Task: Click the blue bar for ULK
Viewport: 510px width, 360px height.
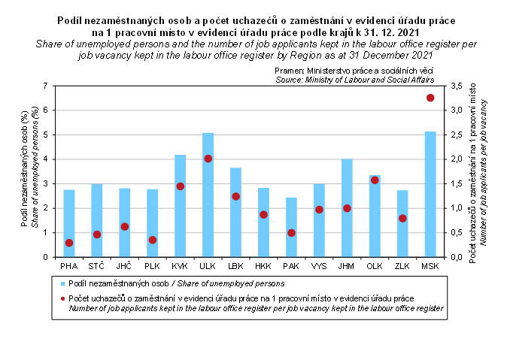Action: (x=208, y=195)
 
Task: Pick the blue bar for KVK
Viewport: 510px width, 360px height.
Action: (x=180, y=206)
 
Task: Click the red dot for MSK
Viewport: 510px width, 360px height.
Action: (x=430, y=98)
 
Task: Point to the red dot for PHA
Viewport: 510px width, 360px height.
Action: (x=69, y=243)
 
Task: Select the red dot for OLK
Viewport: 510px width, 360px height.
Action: (x=375, y=180)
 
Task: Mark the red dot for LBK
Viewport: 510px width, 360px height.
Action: (x=235, y=197)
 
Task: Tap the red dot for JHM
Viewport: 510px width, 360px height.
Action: (x=347, y=208)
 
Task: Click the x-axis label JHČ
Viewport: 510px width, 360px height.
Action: (x=124, y=267)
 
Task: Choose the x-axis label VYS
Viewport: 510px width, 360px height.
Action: (x=319, y=267)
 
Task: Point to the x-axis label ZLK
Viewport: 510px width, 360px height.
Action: (x=402, y=267)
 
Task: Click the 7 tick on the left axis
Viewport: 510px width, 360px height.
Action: (x=45, y=86)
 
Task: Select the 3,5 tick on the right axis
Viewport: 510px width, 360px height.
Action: (x=457, y=86)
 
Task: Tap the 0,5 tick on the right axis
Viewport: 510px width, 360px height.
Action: (x=457, y=232)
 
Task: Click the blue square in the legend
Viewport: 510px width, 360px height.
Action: (x=63, y=284)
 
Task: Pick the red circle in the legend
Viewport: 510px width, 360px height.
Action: (x=63, y=298)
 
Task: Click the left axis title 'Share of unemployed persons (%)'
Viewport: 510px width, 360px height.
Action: (x=35, y=171)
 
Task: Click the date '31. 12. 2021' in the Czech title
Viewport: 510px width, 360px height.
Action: (x=396, y=33)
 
